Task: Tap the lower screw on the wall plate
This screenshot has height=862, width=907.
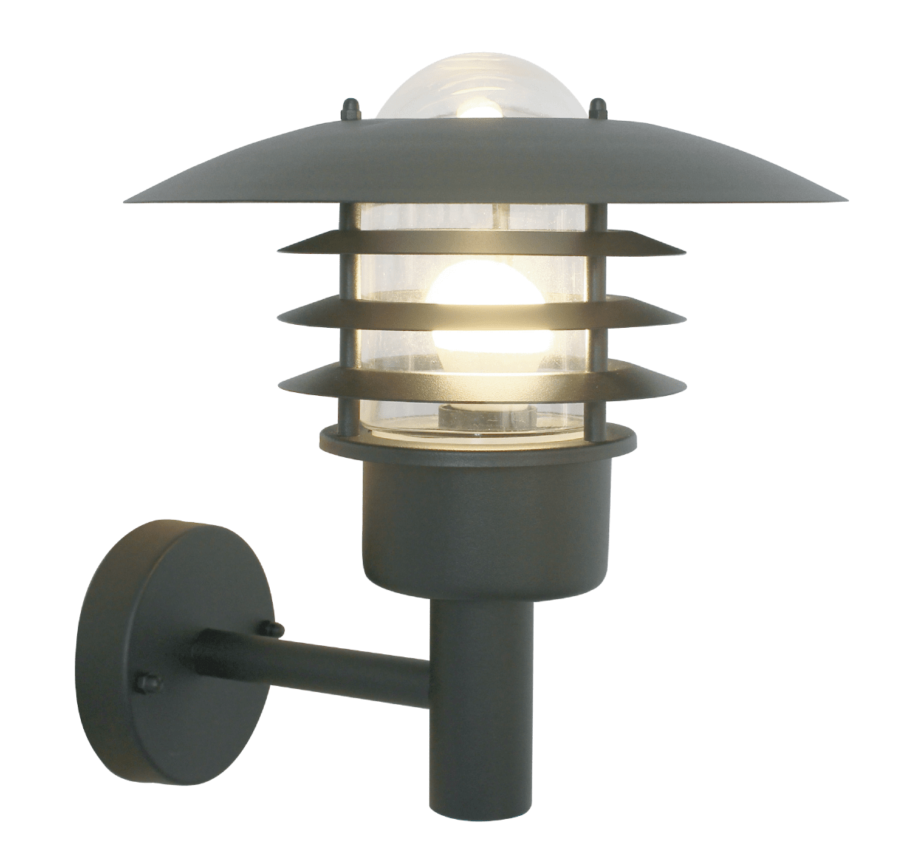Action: tap(142, 682)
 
